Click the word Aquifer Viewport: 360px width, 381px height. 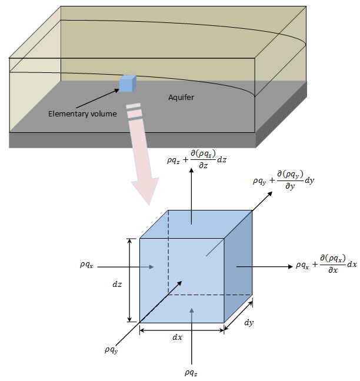(x=180, y=98)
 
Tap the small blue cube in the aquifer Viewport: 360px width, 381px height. (x=127, y=84)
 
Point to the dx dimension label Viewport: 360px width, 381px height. (x=177, y=338)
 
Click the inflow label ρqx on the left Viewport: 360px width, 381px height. (x=86, y=265)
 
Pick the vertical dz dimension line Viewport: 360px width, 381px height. (x=129, y=280)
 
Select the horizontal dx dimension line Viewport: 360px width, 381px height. (x=181, y=330)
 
